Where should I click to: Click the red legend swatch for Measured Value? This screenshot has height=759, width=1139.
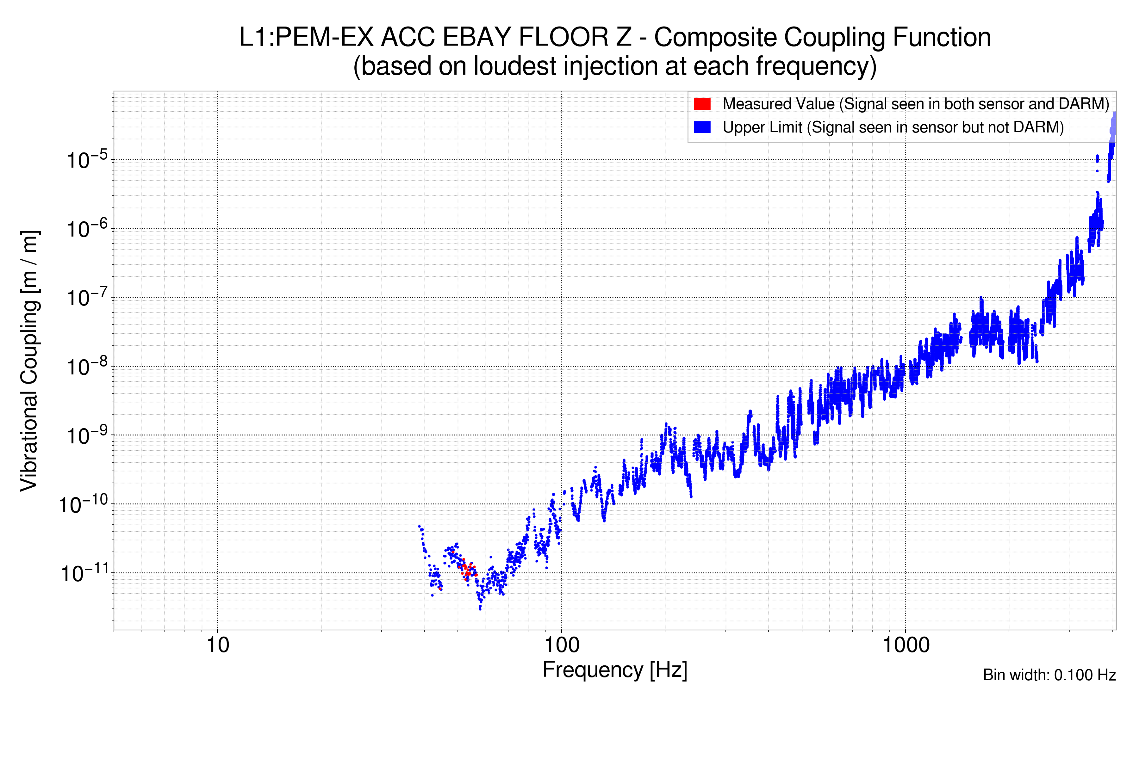tap(702, 104)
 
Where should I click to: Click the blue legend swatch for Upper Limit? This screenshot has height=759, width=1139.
tap(702, 127)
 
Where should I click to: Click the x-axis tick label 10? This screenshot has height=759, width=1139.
tap(217, 645)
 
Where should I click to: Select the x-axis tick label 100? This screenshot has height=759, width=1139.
tap(562, 645)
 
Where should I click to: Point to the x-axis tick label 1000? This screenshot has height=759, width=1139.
tap(906, 645)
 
